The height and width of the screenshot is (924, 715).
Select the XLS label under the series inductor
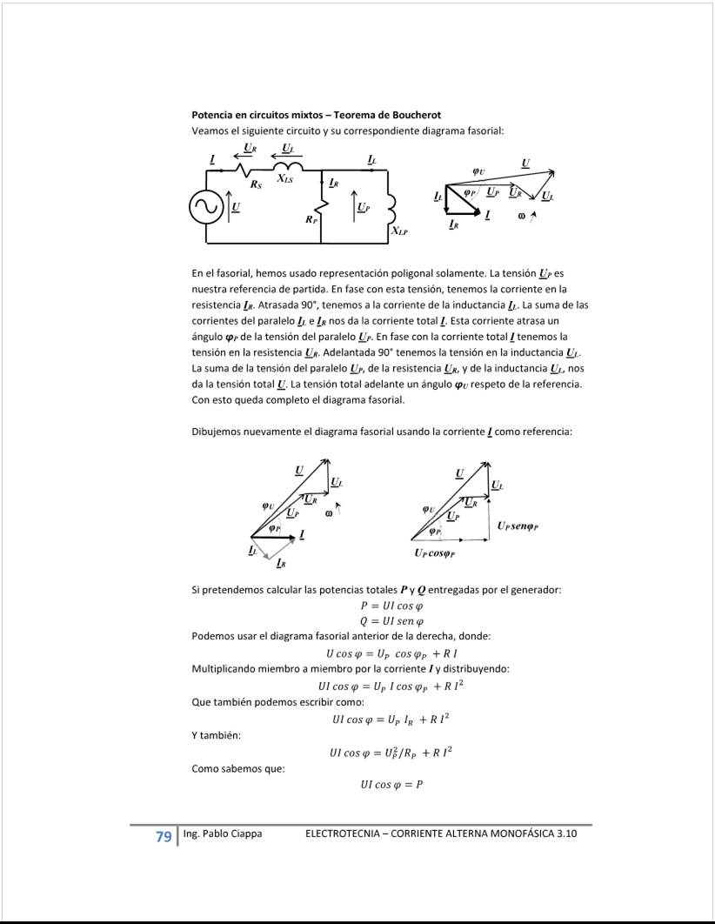click(284, 179)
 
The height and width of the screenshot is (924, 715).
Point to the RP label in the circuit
click(311, 220)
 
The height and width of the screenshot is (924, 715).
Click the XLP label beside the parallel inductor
click(399, 231)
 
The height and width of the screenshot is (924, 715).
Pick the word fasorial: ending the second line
click(483, 131)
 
